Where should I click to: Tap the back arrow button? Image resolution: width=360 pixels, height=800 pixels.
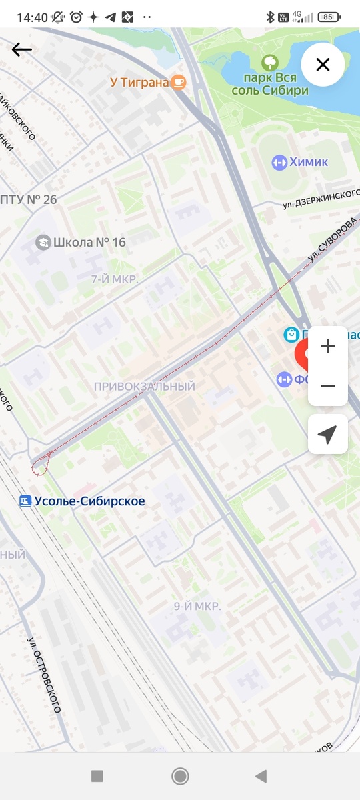click(21, 49)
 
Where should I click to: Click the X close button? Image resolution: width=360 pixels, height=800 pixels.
click(323, 65)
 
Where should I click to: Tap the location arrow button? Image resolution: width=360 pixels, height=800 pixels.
click(327, 434)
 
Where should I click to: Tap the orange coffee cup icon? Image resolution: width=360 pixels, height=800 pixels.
click(178, 82)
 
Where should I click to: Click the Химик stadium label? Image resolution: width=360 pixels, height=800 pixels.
click(309, 162)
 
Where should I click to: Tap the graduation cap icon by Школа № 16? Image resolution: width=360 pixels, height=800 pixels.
click(43, 242)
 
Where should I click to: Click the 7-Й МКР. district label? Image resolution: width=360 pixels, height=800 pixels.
click(115, 279)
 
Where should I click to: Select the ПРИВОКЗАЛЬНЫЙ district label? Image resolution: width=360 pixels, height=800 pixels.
click(144, 387)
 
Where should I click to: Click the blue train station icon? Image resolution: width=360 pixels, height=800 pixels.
click(25, 501)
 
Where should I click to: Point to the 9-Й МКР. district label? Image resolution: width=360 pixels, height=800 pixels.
click(197, 606)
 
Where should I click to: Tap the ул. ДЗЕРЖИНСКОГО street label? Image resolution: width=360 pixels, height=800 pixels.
click(320, 198)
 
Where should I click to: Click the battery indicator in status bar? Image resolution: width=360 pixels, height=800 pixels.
click(327, 17)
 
